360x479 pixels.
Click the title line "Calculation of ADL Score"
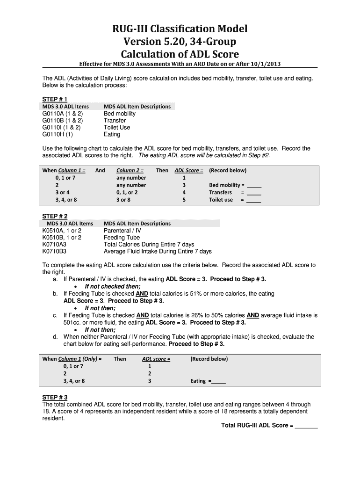click(180, 53)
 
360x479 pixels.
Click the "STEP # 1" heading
click(55, 99)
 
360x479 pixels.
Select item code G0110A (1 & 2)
click(63, 114)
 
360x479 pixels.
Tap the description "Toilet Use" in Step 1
click(117, 127)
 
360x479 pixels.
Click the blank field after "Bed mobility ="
click(254, 185)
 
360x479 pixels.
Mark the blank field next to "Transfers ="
click(254, 193)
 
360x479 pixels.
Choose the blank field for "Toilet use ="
click(254, 200)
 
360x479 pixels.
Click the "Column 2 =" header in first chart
click(130, 170)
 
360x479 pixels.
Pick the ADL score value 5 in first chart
click(184, 200)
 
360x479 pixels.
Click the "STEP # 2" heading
click(55, 216)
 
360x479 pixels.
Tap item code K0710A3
click(54, 245)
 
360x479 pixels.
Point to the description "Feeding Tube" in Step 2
click(122, 238)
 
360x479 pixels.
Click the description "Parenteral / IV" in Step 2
click(122, 231)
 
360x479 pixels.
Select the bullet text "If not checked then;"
click(112, 287)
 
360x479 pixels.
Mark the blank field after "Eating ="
click(218, 381)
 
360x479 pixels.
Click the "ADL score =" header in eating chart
click(156, 359)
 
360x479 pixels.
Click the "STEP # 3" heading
click(55, 398)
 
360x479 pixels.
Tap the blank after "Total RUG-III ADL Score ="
click(306, 426)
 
